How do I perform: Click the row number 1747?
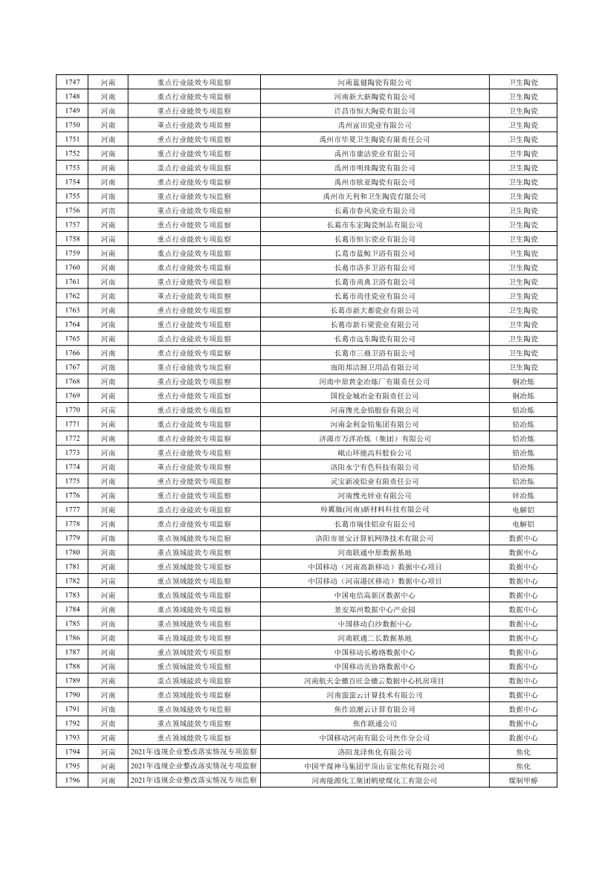coord(73,83)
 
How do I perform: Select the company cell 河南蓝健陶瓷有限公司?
coord(375,83)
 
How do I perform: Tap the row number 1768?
coord(73,381)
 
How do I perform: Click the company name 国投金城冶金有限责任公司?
coord(375,396)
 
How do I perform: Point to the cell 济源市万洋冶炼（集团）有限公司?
coord(375,439)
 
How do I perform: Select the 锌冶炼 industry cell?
coord(523,496)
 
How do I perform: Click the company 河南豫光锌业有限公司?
coord(375,496)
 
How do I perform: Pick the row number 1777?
coord(73,510)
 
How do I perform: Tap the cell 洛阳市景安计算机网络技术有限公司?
coord(375,538)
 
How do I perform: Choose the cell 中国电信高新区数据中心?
coord(375,595)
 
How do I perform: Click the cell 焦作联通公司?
coord(375,723)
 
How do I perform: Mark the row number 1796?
coord(73,781)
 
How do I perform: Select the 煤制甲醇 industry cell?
coord(523,781)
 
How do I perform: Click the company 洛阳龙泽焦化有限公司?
coord(375,752)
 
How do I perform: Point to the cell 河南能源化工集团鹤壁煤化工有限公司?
coord(375,781)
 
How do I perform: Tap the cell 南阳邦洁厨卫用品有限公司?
coord(375,367)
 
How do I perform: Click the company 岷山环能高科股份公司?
coord(375,453)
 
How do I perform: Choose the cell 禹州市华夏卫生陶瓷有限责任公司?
coord(375,140)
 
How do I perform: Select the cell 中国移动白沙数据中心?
coord(375,624)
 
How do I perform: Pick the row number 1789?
coord(73,681)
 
